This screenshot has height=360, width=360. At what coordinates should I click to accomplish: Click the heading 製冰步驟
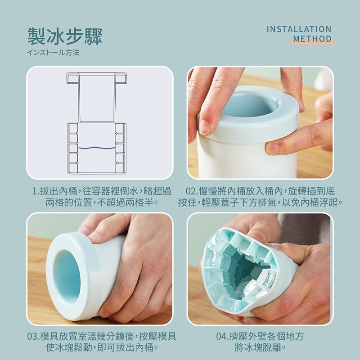[x=65, y=36]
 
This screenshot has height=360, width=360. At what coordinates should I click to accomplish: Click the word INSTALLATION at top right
[x=299, y=29]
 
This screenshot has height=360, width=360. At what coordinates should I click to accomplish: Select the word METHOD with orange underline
[x=312, y=38]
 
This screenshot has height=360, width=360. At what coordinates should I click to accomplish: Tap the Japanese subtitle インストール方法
[x=53, y=52]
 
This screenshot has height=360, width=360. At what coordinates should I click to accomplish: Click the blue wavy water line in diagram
[x=97, y=148]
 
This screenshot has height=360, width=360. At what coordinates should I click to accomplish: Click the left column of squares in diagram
[x=73, y=148]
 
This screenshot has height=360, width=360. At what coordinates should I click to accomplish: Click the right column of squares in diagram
[x=120, y=148]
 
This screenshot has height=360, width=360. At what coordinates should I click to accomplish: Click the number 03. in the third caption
[x=33, y=337]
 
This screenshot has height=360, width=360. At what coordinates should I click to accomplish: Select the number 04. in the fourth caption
[x=222, y=337]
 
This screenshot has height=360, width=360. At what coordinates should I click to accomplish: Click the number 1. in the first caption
[x=36, y=191]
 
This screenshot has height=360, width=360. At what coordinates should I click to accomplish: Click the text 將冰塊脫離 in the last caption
[x=258, y=347]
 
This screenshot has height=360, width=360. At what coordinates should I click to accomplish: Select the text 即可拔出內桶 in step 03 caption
[x=125, y=347]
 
